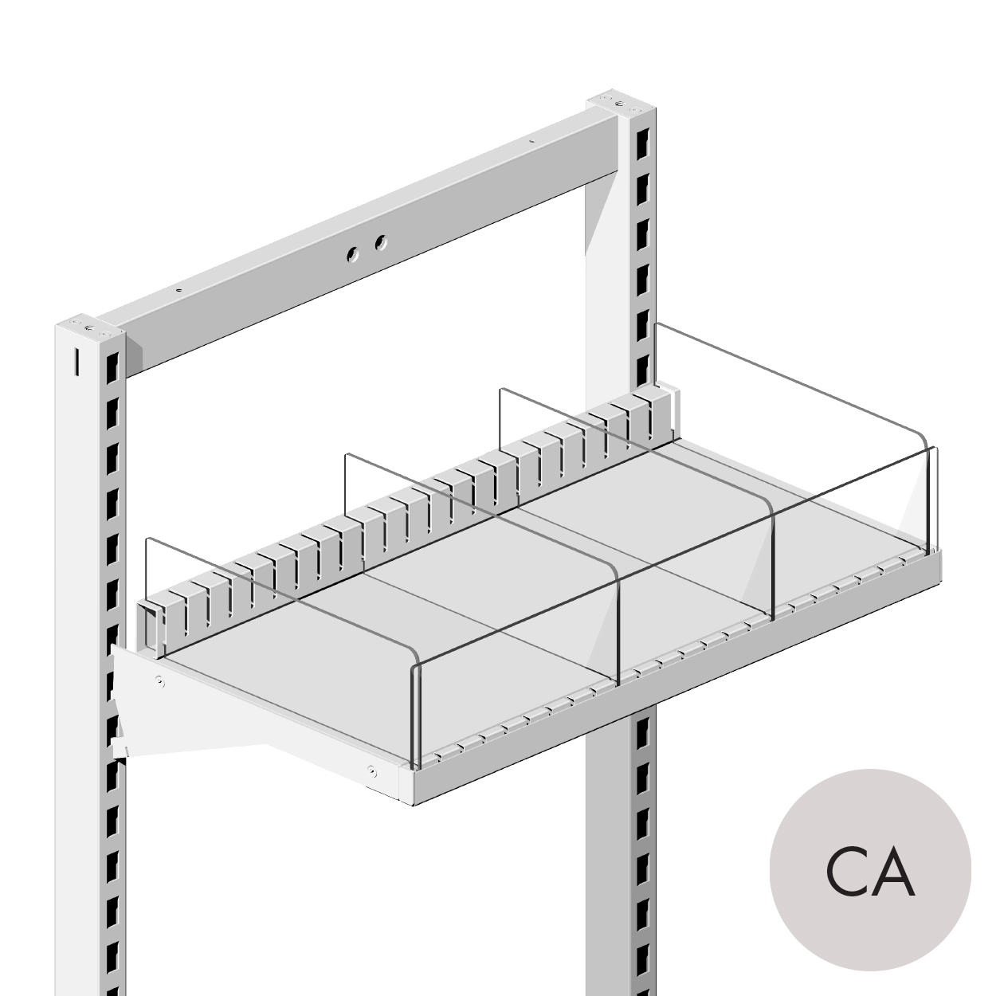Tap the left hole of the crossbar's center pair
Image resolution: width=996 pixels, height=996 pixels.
click(x=351, y=254)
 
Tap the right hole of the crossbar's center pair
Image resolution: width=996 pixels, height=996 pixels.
click(x=381, y=241)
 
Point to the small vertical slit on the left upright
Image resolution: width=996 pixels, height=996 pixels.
click(x=76, y=363)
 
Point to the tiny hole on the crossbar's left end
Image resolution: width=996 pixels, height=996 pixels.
click(x=179, y=290)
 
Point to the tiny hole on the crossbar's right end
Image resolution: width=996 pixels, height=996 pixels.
click(x=533, y=142)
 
